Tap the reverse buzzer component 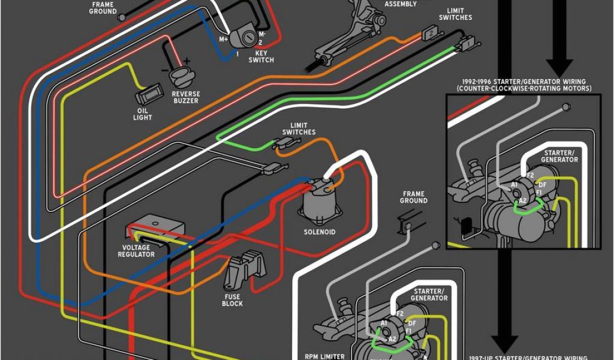[180, 77]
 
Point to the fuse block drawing [244, 273]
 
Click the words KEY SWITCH [261, 56]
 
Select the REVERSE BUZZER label [186, 97]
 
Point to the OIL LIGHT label [142, 114]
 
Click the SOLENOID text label [320, 232]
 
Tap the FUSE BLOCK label [232, 300]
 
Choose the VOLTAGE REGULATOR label [139, 251]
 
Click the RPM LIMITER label [326, 356]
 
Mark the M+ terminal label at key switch [224, 39]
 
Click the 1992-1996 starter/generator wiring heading [523, 85]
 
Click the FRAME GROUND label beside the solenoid [414, 197]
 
